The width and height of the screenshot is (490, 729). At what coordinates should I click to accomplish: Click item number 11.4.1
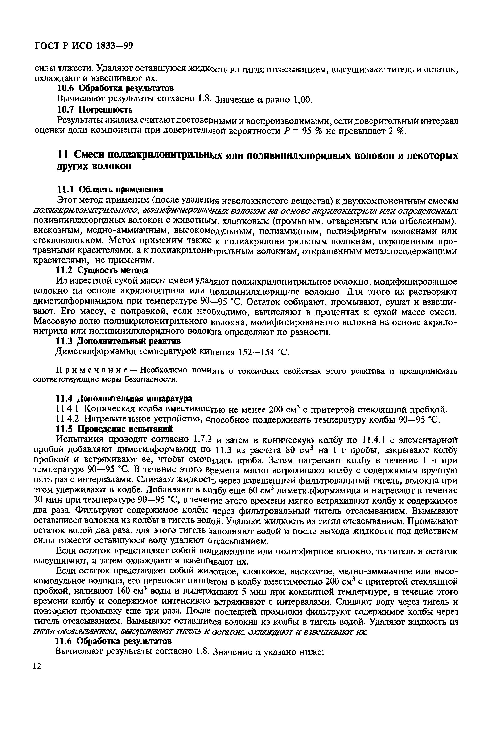[69, 409]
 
